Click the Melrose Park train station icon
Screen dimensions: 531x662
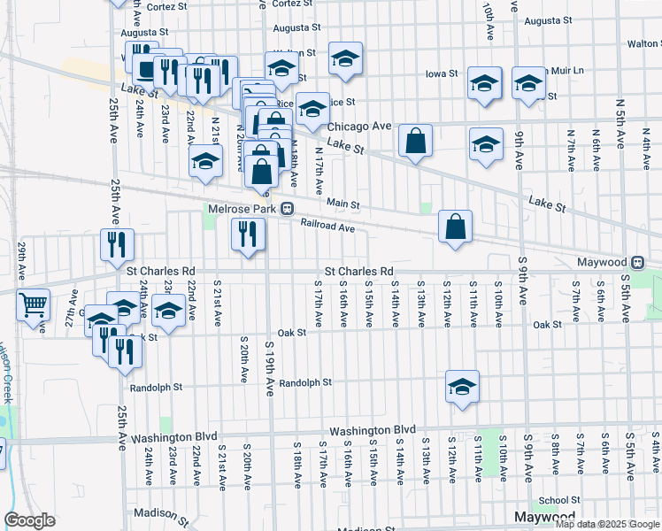(288, 210)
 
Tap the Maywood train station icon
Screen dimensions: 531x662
(637, 263)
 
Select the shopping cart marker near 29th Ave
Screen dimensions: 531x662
(33, 305)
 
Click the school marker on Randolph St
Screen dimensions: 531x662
(462, 386)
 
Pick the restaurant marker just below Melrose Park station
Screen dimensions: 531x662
(247, 235)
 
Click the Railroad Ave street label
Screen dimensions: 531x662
(327, 227)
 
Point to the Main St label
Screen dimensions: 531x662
(343, 204)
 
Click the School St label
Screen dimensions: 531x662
(559, 500)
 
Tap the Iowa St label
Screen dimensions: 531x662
(441, 73)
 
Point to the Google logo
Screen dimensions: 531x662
(30, 521)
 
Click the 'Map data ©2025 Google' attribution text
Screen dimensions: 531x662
(607, 524)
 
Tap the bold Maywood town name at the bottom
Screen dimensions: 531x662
(544, 516)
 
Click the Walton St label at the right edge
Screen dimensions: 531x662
(643, 42)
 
